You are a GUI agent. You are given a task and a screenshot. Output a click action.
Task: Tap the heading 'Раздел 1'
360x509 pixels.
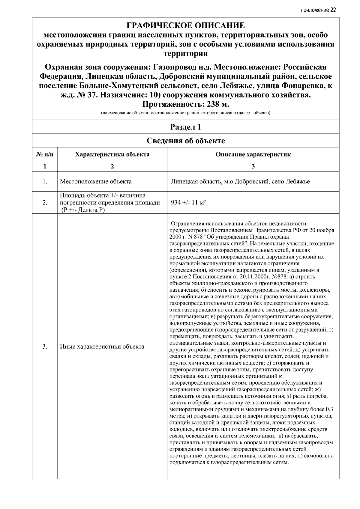click(x=185, y=127)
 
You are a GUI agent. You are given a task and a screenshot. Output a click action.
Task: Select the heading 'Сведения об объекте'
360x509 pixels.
click(x=185, y=141)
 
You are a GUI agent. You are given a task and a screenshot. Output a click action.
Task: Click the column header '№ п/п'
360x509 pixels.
click(x=45, y=155)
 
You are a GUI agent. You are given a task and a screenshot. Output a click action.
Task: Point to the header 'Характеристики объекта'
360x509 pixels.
click(x=112, y=155)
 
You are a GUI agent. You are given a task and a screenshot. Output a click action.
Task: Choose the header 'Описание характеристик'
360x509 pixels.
click(x=253, y=155)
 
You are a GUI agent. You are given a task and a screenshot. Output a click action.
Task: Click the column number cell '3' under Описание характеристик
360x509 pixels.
click(x=253, y=167)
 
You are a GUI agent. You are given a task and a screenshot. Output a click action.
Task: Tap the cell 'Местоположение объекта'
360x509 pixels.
click(x=96, y=181)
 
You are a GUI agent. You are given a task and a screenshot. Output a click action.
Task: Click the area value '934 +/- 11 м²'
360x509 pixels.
click(x=188, y=203)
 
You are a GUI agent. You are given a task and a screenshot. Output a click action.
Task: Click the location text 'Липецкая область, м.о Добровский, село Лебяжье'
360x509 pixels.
click(x=240, y=181)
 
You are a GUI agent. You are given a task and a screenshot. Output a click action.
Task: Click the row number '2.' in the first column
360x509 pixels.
click(x=45, y=203)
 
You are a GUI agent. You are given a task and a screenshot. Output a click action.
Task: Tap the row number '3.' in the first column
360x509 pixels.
click(x=45, y=347)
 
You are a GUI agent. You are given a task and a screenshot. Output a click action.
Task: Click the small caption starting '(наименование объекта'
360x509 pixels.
click(x=185, y=113)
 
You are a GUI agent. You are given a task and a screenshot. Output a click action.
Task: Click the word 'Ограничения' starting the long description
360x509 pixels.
click(x=186, y=224)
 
